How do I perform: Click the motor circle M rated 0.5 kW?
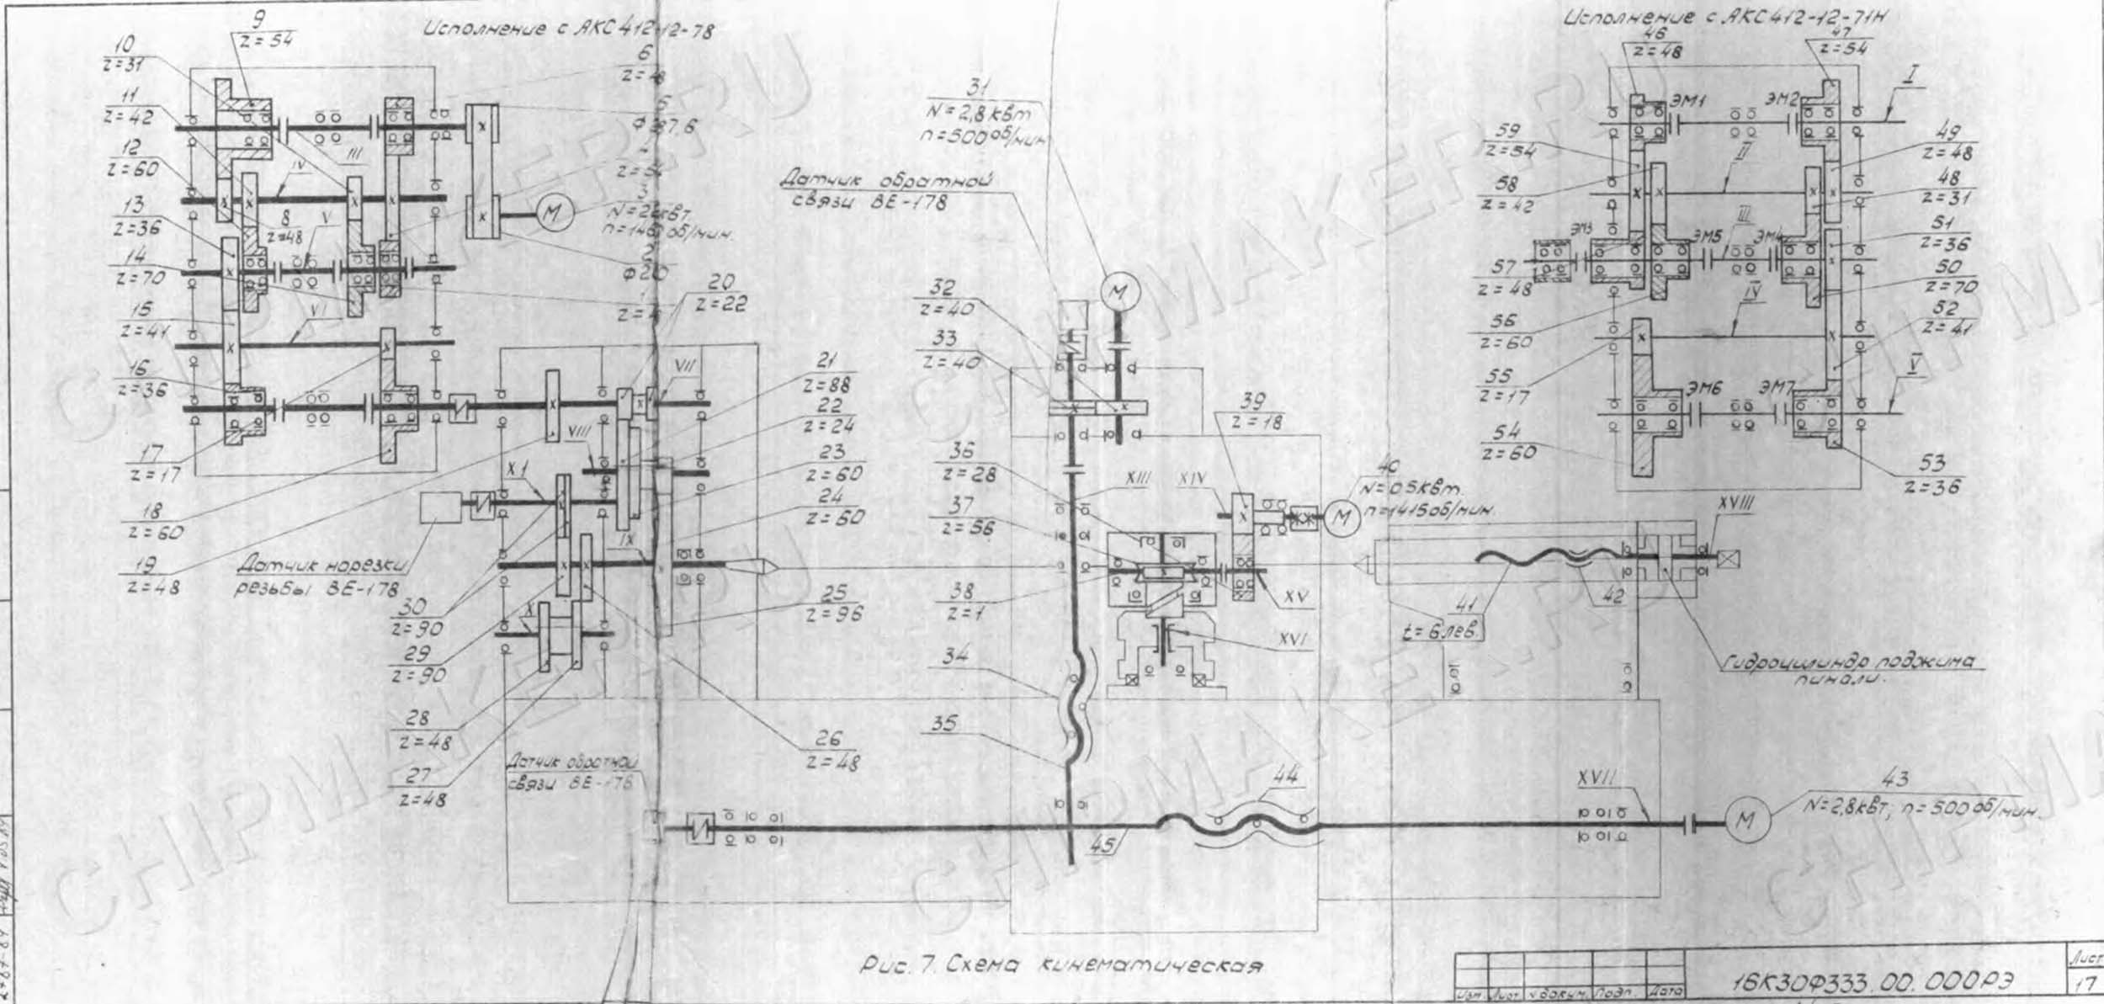click(1341, 517)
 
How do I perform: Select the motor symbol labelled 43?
click(1745, 819)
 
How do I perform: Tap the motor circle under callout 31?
click(1118, 292)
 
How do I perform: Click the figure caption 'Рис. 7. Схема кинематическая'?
click(1060, 965)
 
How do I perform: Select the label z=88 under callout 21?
click(826, 385)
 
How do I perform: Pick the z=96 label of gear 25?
click(833, 614)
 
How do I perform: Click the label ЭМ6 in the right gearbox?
click(1703, 389)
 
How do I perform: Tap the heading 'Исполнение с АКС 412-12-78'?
click(567, 29)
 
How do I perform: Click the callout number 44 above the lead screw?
click(1285, 774)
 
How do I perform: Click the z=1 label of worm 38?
click(962, 614)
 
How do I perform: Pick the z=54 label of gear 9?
click(266, 40)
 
